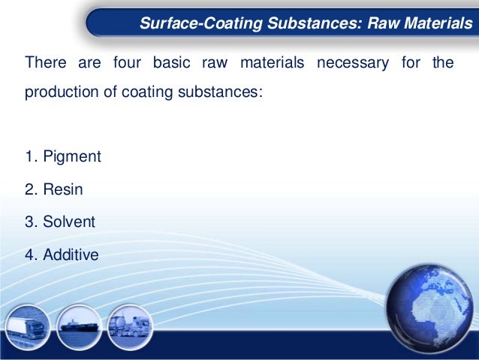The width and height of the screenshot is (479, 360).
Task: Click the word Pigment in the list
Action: pyautogui.click(x=72, y=157)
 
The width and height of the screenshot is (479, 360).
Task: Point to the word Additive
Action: pyautogui.click(x=71, y=256)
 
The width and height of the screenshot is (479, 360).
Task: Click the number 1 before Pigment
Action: pyautogui.click(x=30, y=157)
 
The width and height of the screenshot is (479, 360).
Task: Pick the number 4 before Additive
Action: pyautogui.click(x=30, y=256)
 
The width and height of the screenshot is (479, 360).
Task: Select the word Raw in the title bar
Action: pyautogui.click(x=383, y=24)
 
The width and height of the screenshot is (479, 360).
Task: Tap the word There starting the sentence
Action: pyautogui.click(x=44, y=63)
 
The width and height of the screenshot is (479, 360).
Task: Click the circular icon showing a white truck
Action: pyautogui.click(x=28, y=329)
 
